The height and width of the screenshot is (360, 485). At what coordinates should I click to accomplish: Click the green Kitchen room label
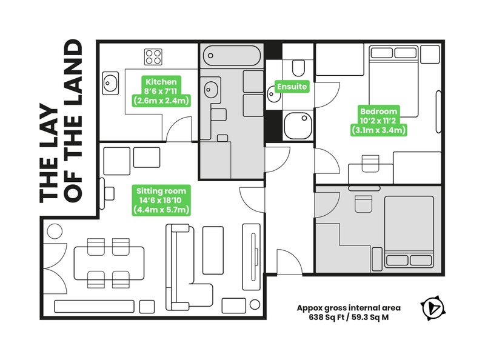(161, 92)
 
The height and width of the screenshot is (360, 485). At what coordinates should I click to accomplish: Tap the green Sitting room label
(161, 200)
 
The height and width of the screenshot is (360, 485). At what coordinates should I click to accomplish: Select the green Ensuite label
(292, 86)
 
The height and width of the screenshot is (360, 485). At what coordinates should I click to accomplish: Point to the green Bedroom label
(378, 121)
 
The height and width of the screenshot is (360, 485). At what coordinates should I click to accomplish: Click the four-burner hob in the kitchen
(153, 57)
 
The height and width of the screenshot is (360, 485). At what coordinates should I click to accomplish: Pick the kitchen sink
(110, 83)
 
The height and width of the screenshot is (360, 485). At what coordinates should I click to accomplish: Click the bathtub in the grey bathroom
(232, 56)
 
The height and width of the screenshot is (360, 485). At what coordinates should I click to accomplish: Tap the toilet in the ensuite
(298, 68)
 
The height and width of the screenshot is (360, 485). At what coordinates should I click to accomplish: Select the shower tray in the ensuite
(298, 126)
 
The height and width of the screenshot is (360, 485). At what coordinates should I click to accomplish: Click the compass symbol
(433, 308)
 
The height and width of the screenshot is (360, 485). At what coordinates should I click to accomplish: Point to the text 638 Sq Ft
(326, 318)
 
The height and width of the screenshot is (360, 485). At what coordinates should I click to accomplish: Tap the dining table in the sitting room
(109, 263)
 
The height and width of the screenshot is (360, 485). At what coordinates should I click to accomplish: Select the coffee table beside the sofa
(213, 250)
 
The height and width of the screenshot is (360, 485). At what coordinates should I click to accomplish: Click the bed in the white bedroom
(393, 81)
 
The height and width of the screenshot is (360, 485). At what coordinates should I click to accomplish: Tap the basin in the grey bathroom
(211, 90)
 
